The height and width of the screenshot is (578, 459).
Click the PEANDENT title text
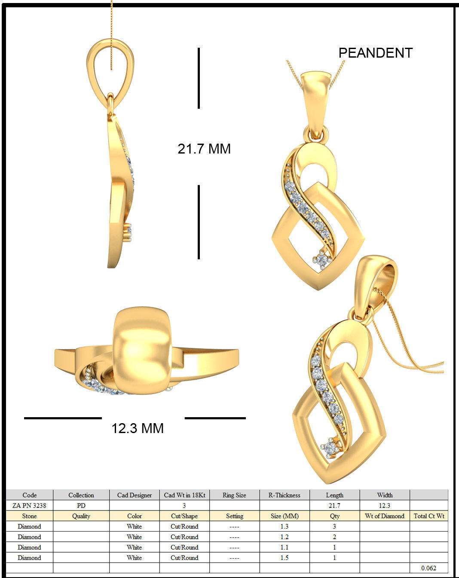pos(375,53)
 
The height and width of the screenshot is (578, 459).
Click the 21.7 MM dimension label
pos(204,149)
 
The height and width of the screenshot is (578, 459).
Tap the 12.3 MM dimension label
pos(138,428)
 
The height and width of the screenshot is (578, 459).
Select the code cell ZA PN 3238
pos(29,505)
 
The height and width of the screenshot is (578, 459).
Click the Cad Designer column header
pos(134,495)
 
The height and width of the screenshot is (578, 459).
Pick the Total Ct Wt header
pos(428,516)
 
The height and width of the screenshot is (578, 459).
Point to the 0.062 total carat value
pos(428,568)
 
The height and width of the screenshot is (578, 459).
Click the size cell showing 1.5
pos(285,557)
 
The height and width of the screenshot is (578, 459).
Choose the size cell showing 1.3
pos(285,526)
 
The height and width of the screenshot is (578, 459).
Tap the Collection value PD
pos(81,505)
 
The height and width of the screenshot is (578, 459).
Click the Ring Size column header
pos(234,495)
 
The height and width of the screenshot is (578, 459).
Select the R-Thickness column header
pos(285,495)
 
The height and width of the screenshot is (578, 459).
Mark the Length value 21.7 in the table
pos(334,505)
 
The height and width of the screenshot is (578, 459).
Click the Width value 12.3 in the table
pos(385,505)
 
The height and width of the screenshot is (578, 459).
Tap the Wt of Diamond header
pos(385,516)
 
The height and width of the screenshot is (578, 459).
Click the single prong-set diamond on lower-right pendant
pos(330,449)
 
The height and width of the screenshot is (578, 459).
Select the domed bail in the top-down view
pos(142,350)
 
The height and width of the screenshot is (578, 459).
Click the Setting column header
pos(234,516)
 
